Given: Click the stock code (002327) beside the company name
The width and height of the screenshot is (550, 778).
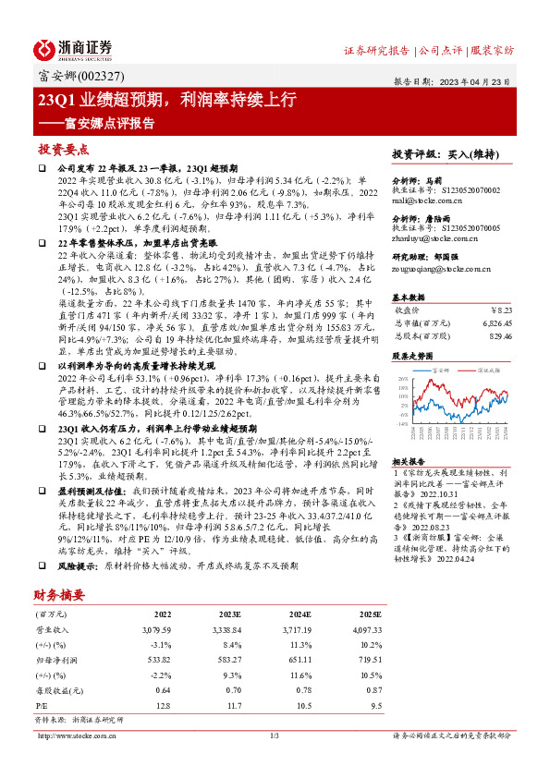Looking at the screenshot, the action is click(x=98, y=77).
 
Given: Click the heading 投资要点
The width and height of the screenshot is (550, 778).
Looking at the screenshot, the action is click(x=62, y=149).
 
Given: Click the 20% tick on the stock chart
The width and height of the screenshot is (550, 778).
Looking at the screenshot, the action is click(x=402, y=379).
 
